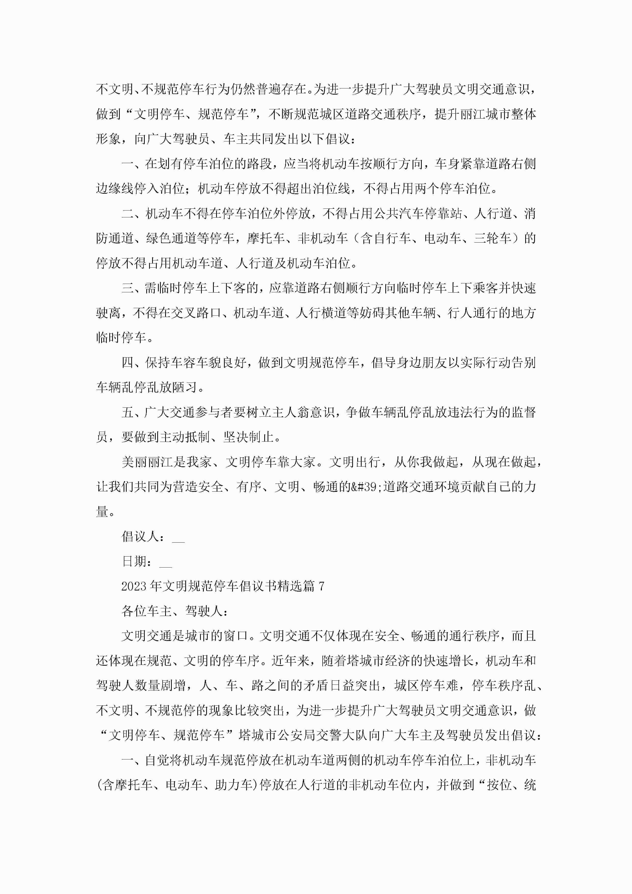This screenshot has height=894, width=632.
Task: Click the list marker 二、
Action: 133,213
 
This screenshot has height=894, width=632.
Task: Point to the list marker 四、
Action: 133,362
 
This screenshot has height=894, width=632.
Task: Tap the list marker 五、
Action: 133,412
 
